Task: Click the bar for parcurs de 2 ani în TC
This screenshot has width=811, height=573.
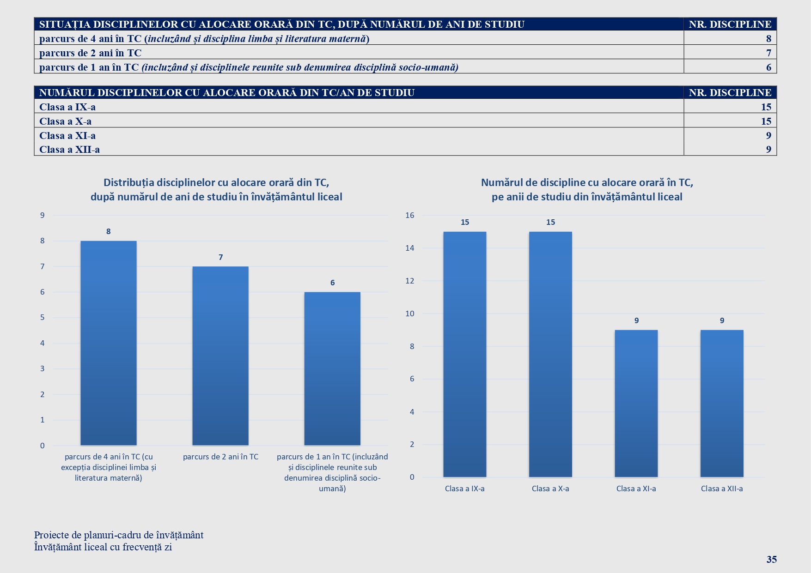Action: pos(220,356)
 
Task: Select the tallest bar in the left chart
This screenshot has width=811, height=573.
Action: pos(109,343)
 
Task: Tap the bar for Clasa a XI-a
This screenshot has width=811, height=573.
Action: pos(636,403)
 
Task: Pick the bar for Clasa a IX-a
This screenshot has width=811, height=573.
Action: pos(464,354)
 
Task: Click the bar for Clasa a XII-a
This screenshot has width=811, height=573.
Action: pos(722,403)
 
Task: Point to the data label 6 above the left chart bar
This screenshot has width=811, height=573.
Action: pos(332,283)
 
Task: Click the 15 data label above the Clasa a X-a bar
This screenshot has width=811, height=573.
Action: pos(550,222)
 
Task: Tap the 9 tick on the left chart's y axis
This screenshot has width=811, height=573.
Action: pos(43,215)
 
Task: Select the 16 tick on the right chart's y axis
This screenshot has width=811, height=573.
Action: pos(410,215)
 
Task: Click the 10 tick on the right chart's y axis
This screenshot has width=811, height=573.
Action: pos(410,314)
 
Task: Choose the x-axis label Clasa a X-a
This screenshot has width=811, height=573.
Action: pos(550,489)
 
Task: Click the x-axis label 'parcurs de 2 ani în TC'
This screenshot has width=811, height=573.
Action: pos(220,457)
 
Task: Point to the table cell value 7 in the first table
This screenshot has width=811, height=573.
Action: pos(768,53)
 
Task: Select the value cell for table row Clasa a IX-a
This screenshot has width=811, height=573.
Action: pos(766,107)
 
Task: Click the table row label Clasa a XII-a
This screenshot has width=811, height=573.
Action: pos(69,149)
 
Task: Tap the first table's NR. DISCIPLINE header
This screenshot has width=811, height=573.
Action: pos(730,24)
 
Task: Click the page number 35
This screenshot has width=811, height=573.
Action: pos(771,559)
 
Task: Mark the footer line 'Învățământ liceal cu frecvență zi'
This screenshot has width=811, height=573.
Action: pos(103,547)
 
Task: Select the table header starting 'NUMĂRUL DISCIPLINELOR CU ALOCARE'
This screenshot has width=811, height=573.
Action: pos(226,92)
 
